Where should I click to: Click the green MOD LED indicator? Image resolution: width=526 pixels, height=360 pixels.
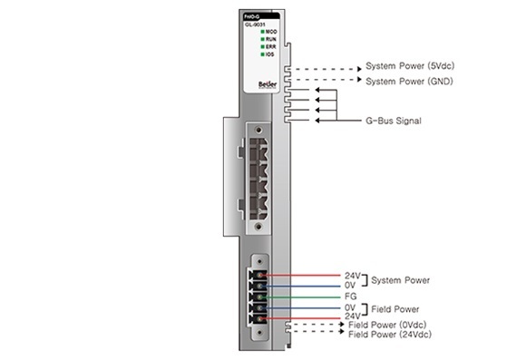(x=262, y=33)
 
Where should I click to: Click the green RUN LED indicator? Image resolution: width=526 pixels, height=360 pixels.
(x=262, y=40)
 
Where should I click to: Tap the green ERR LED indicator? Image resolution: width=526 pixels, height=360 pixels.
(x=262, y=47)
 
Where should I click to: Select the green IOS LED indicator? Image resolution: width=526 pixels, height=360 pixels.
(x=262, y=54)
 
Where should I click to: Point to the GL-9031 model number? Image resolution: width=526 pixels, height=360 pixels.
(x=254, y=24)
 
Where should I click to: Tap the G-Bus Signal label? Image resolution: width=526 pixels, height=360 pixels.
(x=393, y=121)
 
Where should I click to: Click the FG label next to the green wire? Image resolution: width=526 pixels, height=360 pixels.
(x=350, y=297)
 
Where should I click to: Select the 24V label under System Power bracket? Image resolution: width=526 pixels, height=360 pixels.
(x=352, y=276)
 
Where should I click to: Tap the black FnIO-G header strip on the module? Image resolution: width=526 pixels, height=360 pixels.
(x=260, y=15)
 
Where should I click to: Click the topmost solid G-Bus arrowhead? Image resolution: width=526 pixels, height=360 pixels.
(x=317, y=91)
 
